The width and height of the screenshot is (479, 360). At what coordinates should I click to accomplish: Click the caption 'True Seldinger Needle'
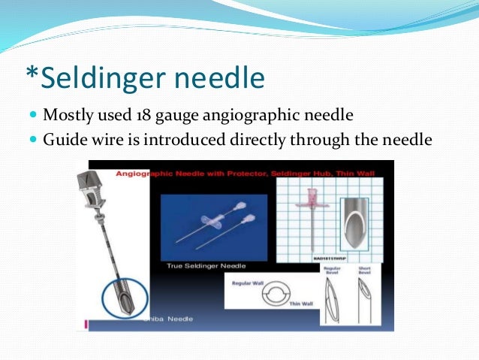point(197,265)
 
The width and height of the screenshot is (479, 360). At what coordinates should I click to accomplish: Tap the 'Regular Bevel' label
point(331,268)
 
